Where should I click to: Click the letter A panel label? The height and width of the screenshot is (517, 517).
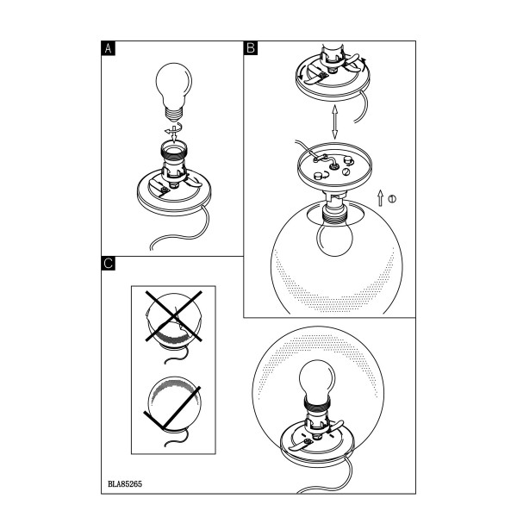click(x=109, y=48)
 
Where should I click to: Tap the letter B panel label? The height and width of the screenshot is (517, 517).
click(x=251, y=48)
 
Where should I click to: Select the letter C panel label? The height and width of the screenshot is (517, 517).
click(x=109, y=263)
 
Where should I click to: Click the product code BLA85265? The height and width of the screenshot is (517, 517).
click(x=125, y=483)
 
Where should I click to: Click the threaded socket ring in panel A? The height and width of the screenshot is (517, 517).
click(x=174, y=150)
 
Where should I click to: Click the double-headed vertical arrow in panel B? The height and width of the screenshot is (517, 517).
click(x=334, y=122)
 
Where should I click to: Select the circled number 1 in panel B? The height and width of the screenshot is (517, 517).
click(x=392, y=199)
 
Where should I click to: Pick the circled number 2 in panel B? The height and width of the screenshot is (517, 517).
click(x=346, y=171)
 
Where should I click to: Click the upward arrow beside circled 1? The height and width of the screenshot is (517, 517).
click(x=381, y=198)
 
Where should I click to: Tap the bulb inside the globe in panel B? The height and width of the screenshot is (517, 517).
click(x=334, y=238)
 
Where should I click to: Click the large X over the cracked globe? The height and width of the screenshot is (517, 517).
click(x=174, y=316)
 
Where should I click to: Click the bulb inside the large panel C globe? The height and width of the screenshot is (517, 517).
click(x=317, y=379)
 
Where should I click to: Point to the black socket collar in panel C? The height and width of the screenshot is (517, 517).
click(x=317, y=404)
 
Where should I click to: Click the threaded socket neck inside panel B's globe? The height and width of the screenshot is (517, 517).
click(x=334, y=215)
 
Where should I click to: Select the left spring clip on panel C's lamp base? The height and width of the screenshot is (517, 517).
click(x=299, y=445)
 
